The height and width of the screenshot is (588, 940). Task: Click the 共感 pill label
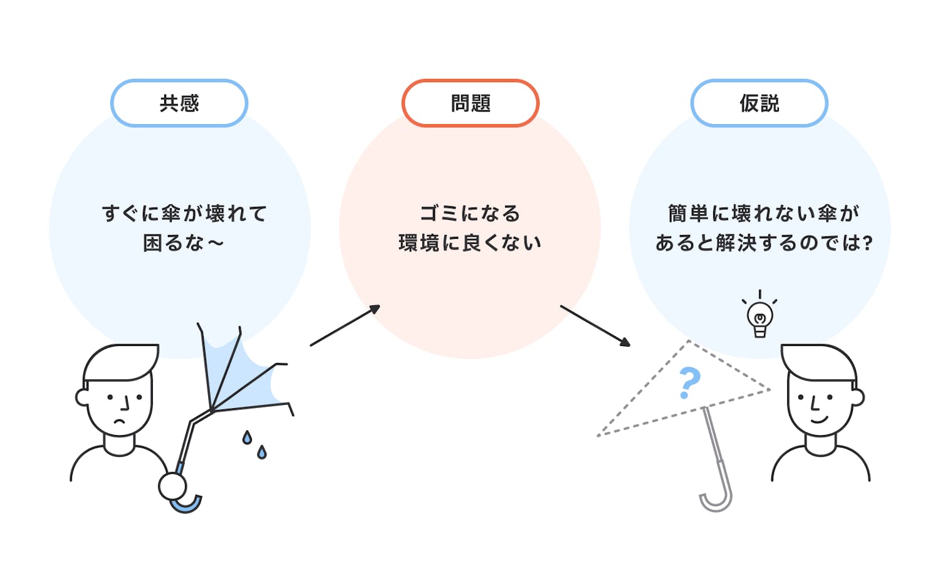179,103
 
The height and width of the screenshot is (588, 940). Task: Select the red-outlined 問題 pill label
471,103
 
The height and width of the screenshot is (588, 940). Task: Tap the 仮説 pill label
759,103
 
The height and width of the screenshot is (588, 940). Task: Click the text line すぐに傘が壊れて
184,214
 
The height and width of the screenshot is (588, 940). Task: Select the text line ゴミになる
470,214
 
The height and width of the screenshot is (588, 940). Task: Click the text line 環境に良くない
470,243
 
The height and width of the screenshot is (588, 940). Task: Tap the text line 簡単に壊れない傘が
763,214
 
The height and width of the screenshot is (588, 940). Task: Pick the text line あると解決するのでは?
763,243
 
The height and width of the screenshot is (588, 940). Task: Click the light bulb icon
760,317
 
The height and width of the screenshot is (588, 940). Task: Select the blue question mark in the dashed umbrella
689,383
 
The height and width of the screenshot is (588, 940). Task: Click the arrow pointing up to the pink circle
345,325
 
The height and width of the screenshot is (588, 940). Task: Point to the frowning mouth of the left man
119,422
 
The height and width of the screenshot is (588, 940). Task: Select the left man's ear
81,397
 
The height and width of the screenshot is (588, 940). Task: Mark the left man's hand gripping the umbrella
172,486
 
